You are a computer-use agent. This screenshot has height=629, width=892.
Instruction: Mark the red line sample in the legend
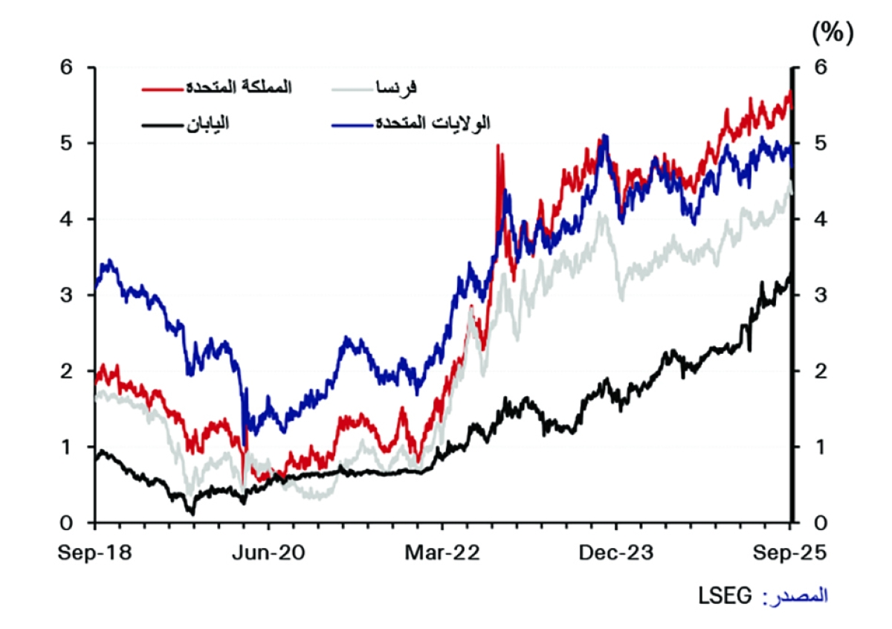click(x=161, y=89)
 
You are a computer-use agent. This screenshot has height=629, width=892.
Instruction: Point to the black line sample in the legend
click(x=161, y=125)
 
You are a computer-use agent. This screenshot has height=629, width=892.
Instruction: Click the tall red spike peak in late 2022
click(x=497, y=145)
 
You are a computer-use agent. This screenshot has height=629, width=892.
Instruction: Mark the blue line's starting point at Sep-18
click(x=96, y=286)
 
